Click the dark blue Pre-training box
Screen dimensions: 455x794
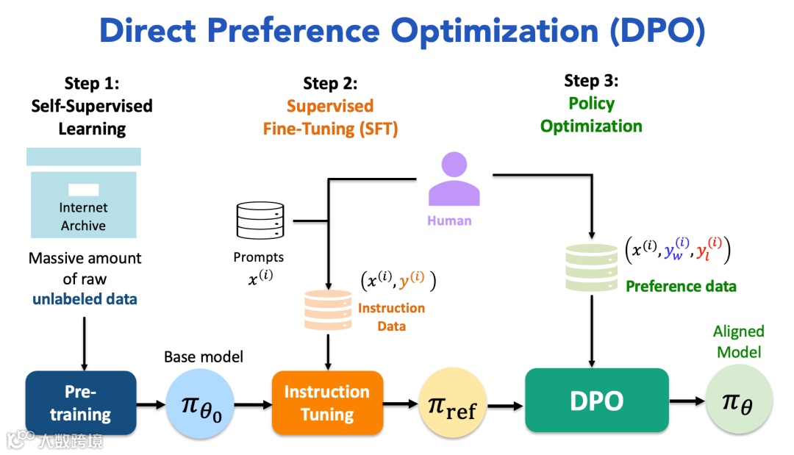pyautogui.click(x=81, y=403)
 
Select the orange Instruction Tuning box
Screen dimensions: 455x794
pyautogui.click(x=327, y=403)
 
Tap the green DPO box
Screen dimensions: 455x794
pyautogui.click(x=596, y=401)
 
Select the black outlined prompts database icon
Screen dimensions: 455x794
pyautogui.click(x=260, y=220)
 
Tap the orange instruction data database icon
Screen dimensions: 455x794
pyautogui.click(x=328, y=309)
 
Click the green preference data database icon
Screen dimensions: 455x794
pyautogui.click(x=590, y=267)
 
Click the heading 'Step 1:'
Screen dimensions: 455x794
pyautogui.click(x=92, y=82)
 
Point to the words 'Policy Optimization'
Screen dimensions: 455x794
pyautogui.click(x=591, y=115)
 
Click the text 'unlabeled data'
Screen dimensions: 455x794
pyautogui.click(x=85, y=299)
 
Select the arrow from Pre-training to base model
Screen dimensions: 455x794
pyautogui.click(x=151, y=404)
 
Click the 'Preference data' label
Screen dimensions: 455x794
pyautogui.click(x=680, y=286)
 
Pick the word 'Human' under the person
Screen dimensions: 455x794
pyautogui.click(x=449, y=220)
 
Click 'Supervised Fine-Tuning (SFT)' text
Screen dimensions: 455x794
pyautogui.click(x=330, y=118)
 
